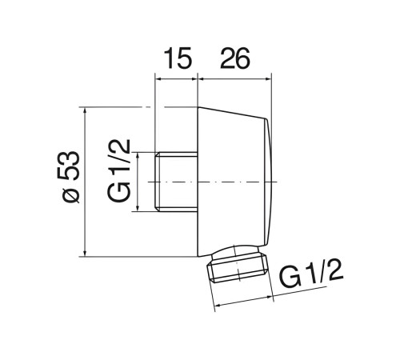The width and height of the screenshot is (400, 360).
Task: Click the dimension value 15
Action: [178, 58]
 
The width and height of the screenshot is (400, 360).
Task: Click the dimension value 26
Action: [235, 58]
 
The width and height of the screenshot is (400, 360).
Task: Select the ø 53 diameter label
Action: [68, 177]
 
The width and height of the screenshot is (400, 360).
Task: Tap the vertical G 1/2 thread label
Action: [119, 170]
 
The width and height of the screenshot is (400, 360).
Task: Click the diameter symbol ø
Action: [71, 194]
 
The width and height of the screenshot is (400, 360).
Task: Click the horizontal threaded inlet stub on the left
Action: [176, 182]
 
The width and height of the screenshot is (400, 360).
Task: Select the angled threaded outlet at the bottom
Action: [238, 263]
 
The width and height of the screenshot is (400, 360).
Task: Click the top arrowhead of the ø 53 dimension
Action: [85, 111]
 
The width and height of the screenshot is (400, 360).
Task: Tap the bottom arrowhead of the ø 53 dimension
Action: [85, 253]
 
